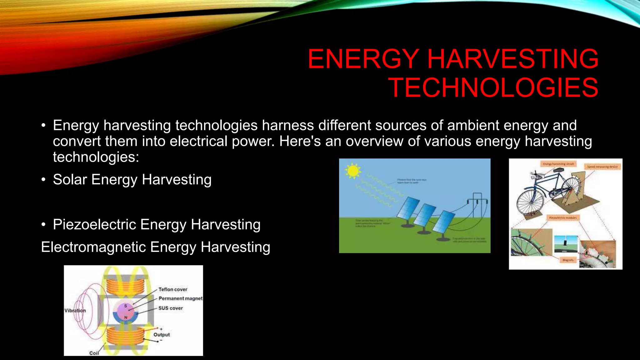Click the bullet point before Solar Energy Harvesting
coord(44,180)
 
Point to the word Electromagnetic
coord(93,247)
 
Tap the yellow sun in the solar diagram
coord(353,171)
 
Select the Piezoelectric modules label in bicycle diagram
coord(563,217)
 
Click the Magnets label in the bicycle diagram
coord(568,260)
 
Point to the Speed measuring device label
coord(602,167)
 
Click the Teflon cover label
coord(173,289)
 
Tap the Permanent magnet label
coord(180,298)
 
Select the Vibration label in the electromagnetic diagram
coord(75,310)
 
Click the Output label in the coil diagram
coord(162,334)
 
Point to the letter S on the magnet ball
coord(126,306)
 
